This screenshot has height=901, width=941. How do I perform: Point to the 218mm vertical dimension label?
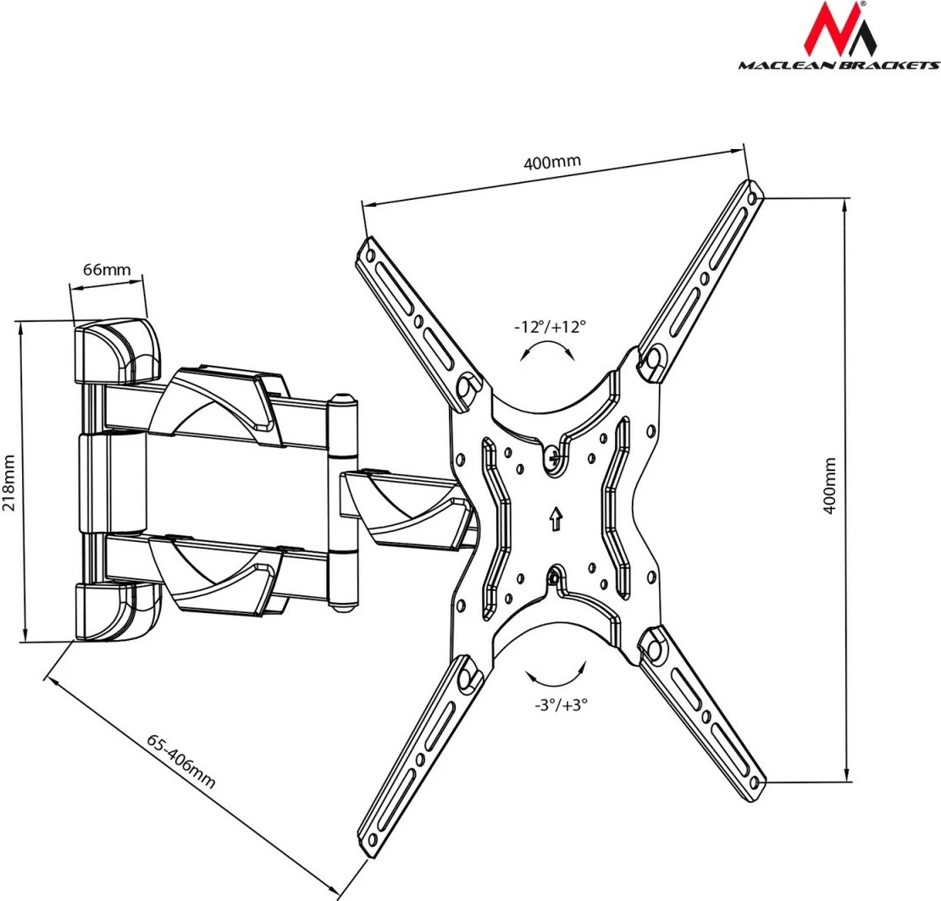click(10, 479)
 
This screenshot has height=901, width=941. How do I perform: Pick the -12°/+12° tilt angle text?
click(550, 327)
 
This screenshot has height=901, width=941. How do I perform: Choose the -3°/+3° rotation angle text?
click(561, 703)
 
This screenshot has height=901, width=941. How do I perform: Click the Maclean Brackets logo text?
click(838, 64)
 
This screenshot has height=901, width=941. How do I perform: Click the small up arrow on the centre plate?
click(555, 518)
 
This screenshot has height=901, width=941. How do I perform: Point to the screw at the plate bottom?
click(554, 578)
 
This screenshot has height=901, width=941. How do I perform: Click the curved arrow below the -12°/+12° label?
click(545, 350)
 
